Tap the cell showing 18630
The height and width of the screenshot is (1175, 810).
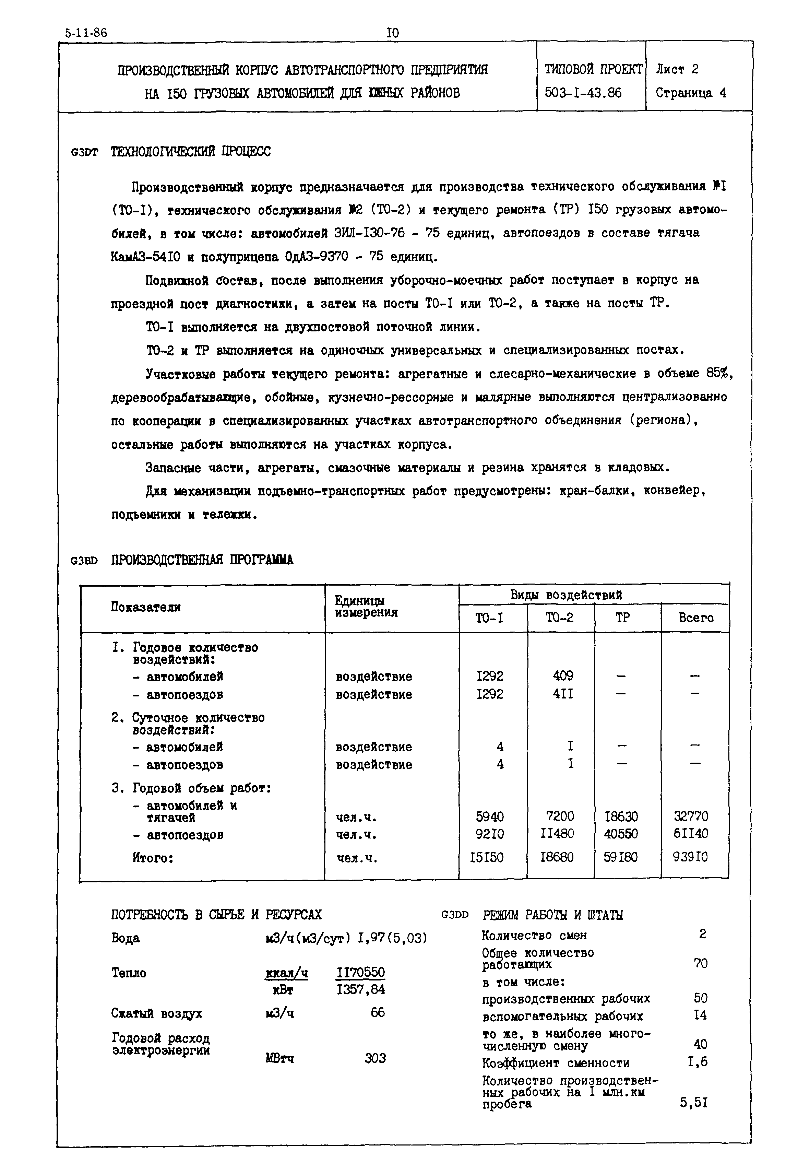click(x=621, y=816)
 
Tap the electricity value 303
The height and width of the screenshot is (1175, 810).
click(x=375, y=1058)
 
